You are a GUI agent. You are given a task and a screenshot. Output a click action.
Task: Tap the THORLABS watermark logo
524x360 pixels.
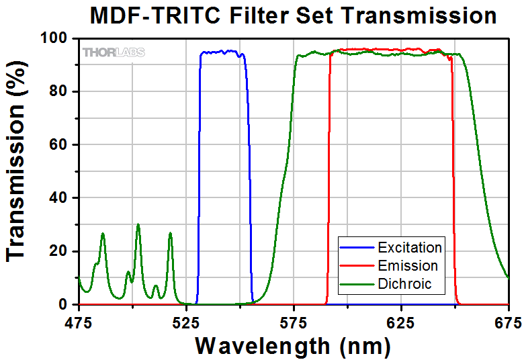pyautogui.click(x=114, y=52)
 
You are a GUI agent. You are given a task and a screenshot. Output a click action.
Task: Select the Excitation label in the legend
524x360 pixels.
pyautogui.click(x=410, y=247)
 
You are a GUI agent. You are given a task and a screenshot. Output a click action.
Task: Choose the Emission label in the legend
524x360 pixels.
pyautogui.click(x=408, y=265)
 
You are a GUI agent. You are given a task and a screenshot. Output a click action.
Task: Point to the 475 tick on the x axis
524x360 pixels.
pyautogui.click(x=79, y=322)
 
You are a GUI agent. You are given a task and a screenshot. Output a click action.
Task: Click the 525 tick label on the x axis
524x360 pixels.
pyautogui.click(x=186, y=322)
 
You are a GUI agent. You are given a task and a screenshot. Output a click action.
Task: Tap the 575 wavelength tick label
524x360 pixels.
pyautogui.click(x=294, y=322)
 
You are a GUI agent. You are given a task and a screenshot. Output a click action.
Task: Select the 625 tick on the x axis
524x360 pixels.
pyautogui.click(x=401, y=322)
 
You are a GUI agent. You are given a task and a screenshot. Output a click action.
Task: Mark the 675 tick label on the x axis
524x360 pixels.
pyautogui.click(x=507, y=322)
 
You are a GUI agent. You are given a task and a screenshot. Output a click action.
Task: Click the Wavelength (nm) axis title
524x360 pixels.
pyautogui.click(x=292, y=346)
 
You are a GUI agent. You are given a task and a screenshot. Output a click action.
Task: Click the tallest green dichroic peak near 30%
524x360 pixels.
pyautogui.click(x=138, y=225)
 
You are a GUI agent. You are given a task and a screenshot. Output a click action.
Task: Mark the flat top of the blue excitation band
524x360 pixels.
pyautogui.click(x=222, y=52)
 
